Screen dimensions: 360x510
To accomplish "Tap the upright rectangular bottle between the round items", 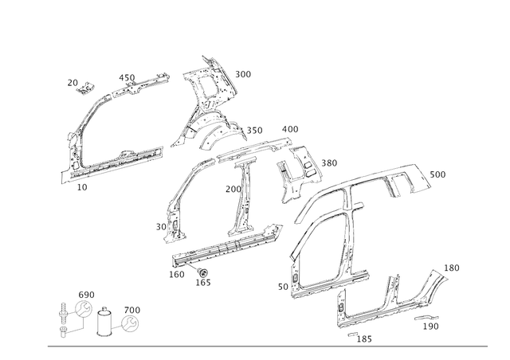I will [x=104, y=323].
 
